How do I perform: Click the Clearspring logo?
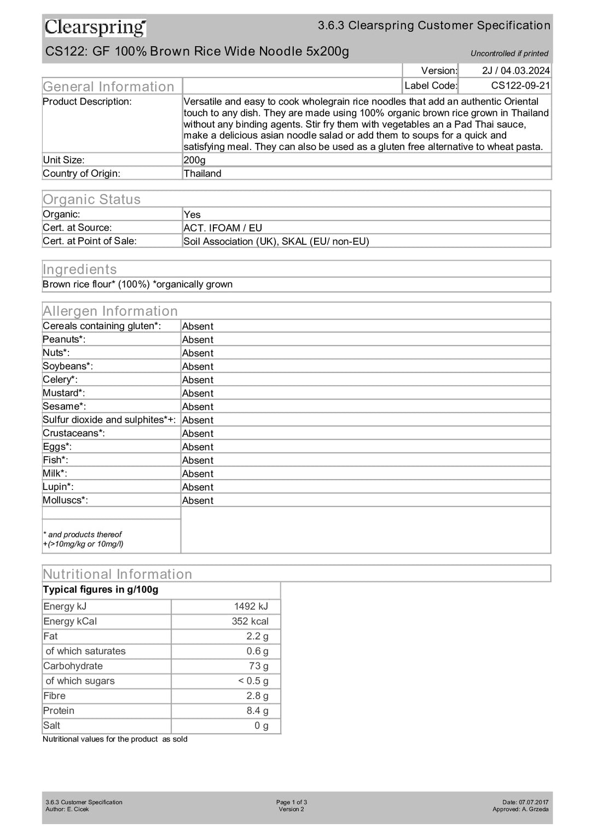[95, 27]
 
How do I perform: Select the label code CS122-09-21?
[520, 85]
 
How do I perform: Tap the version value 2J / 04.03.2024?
[515, 71]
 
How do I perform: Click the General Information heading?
[108, 87]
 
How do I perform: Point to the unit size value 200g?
[195, 160]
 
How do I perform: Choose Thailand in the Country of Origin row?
[202, 174]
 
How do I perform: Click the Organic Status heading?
[91, 199]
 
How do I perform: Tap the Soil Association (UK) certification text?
[231, 241]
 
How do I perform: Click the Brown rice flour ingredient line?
[137, 284]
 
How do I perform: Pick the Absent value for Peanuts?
[198, 339]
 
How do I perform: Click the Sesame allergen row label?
[65, 406]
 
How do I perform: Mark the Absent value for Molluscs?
[198, 500]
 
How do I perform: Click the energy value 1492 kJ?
[251, 606]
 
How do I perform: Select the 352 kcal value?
[250, 621]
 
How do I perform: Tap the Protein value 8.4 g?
[257, 711]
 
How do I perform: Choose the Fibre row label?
[54, 696]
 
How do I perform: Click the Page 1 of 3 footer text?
[291, 802]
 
